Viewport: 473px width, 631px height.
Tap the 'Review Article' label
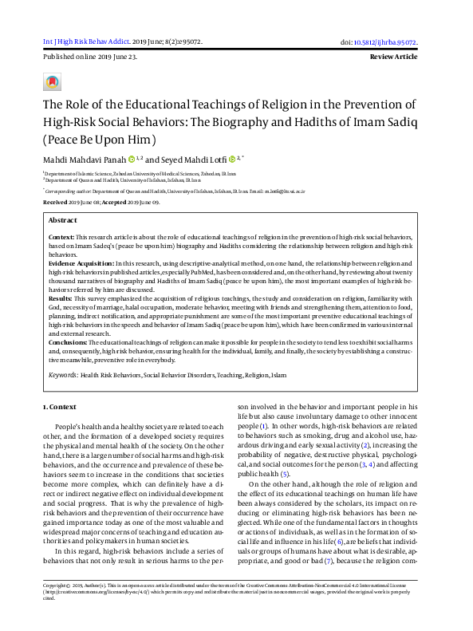[x=393, y=57]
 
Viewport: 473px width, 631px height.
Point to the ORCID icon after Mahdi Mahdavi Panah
[x=132, y=159]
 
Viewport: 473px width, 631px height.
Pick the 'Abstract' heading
[x=63, y=219]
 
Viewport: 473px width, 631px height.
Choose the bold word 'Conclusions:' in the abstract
[x=68, y=342]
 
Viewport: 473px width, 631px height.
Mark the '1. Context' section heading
[x=58, y=408]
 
